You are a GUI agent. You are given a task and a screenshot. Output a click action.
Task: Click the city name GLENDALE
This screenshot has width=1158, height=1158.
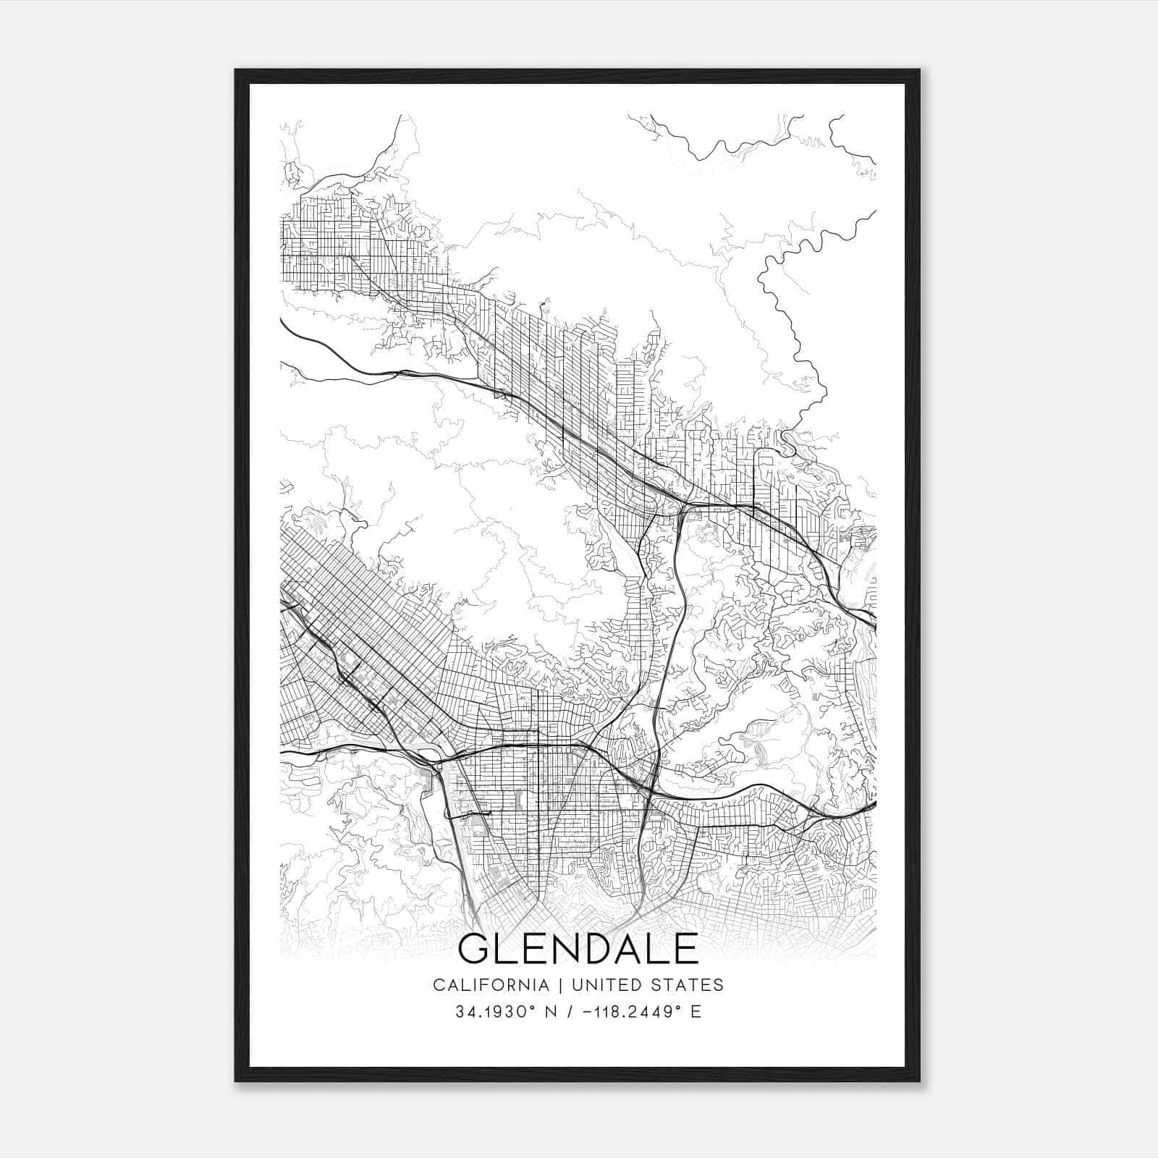click(578, 949)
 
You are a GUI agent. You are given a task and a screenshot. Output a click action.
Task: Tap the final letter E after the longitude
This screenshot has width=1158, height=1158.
click(696, 1012)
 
